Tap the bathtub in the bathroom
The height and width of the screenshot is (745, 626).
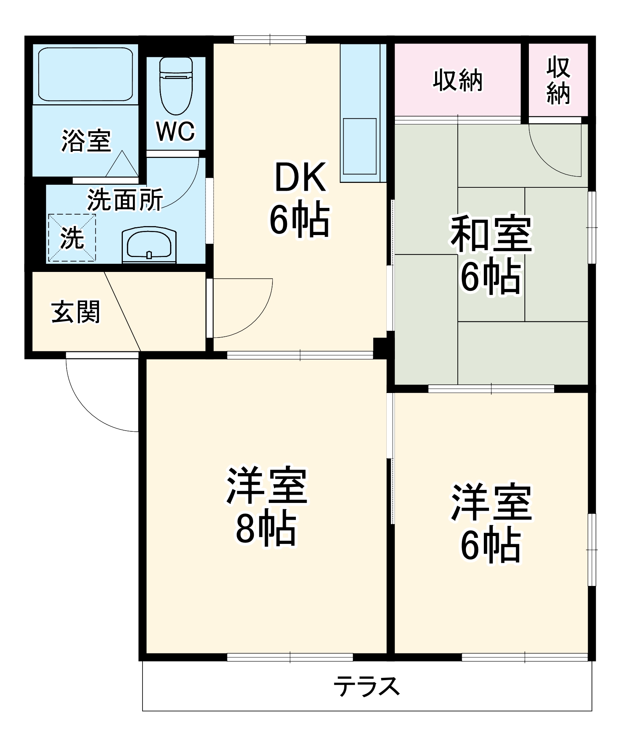[x=86, y=74]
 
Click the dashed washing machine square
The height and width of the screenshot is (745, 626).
[x=72, y=237]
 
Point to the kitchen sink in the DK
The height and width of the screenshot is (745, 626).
[x=360, y=146]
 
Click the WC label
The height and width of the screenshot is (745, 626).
[x=175, y=131]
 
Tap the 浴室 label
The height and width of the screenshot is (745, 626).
[x=86, y=141]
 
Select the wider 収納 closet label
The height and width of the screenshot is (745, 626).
[x=457, y=80]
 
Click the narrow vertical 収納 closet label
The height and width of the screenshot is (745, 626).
[x=558, y=80]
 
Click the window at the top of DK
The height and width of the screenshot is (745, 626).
[x=270, y=39]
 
